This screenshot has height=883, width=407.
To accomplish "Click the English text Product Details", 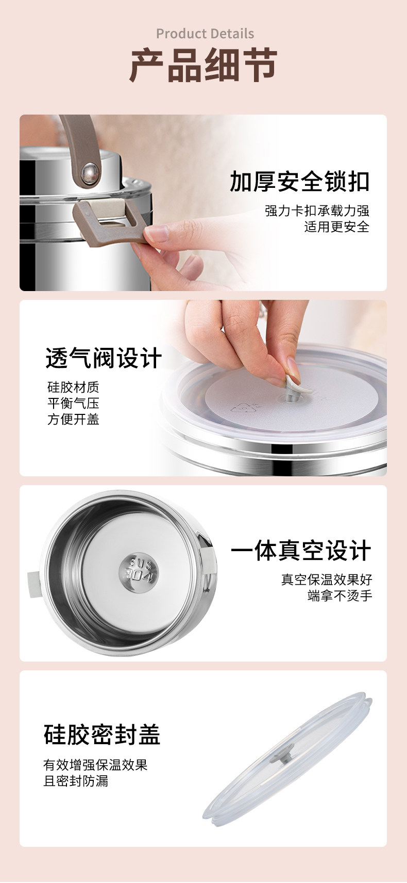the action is (x=205, y=34).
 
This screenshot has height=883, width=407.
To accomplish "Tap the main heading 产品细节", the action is (x=203, y=65).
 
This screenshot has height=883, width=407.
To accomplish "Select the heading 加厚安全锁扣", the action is (x=299, y=181).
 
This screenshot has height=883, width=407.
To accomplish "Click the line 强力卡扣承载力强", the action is (x=317, y=211).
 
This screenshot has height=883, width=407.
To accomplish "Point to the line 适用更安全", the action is (x=336, y=227).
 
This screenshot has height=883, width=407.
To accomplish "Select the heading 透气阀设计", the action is (x=104, y=358).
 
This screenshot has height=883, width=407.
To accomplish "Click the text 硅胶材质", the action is (x=73, y=387).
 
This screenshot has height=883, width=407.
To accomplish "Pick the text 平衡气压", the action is (x=73, y=403).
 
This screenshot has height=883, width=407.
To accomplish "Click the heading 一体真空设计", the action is (x=301, y=550).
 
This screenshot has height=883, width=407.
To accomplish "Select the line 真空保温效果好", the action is (x=327, y=580).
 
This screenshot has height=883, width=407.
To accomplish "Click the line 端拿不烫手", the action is (x=340, y=595).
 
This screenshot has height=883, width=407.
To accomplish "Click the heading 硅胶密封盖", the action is (x=102, y=734).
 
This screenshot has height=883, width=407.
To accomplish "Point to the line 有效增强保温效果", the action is (x=95, y=765).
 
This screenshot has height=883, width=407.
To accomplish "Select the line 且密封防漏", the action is (x=76, y=781).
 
